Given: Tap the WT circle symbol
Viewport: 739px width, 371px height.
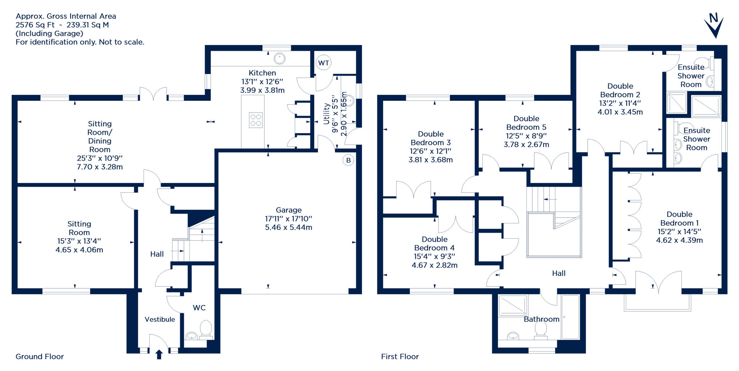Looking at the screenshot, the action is [323, 63].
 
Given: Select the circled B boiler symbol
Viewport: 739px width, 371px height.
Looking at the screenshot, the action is [348, 160].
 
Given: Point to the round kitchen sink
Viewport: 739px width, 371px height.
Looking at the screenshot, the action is [280, 58].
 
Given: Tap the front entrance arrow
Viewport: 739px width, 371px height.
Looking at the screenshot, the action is [159, 354].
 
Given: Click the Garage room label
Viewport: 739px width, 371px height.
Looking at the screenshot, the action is [289, 210].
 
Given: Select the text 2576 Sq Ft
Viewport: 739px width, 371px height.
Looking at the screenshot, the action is [35, 25].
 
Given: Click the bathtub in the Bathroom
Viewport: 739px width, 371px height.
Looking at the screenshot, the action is [570, 317].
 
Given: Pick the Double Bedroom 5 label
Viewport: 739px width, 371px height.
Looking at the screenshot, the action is [526, 123].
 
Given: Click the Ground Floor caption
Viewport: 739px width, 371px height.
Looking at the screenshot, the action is [40, 357].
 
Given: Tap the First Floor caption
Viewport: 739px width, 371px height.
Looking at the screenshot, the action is [400, 357].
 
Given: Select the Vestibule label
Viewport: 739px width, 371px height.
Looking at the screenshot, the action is [160, 319].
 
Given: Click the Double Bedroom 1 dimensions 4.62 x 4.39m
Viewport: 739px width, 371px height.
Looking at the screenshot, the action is [679, 240].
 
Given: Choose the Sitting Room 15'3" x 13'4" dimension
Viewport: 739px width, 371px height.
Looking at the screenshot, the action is [79, 241].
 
